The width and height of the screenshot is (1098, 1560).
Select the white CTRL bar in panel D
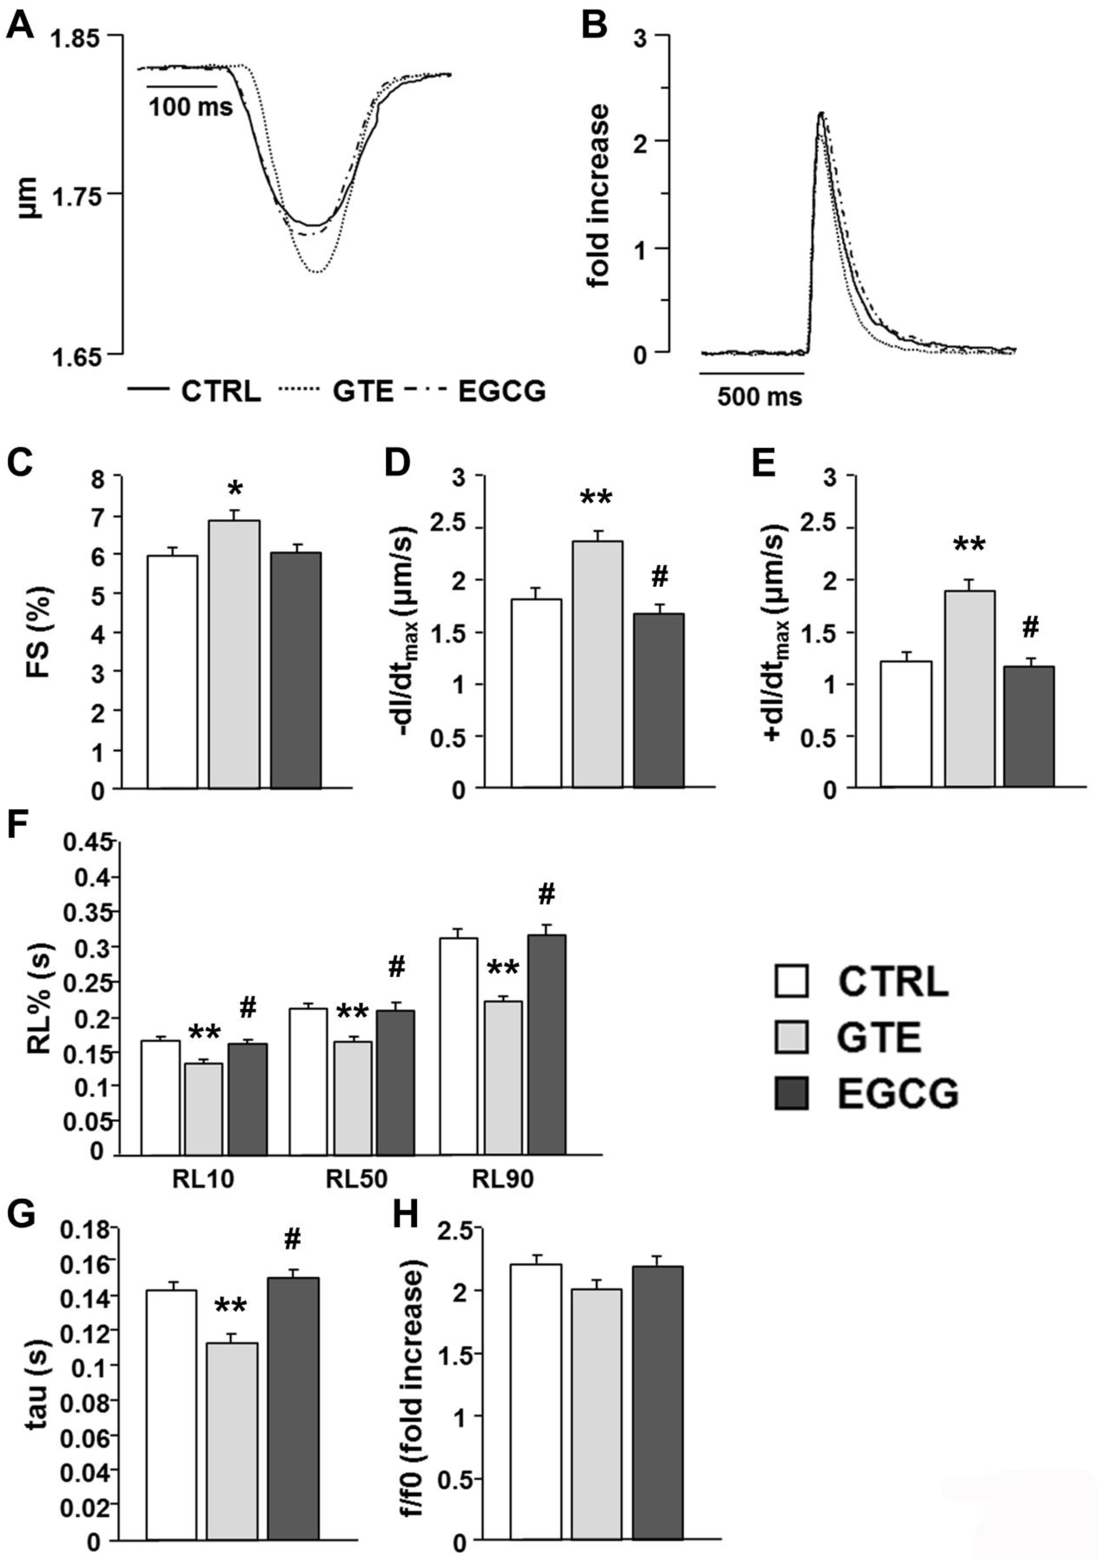(x=537, y=693)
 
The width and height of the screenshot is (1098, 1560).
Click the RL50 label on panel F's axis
(x=357, y=1180)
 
